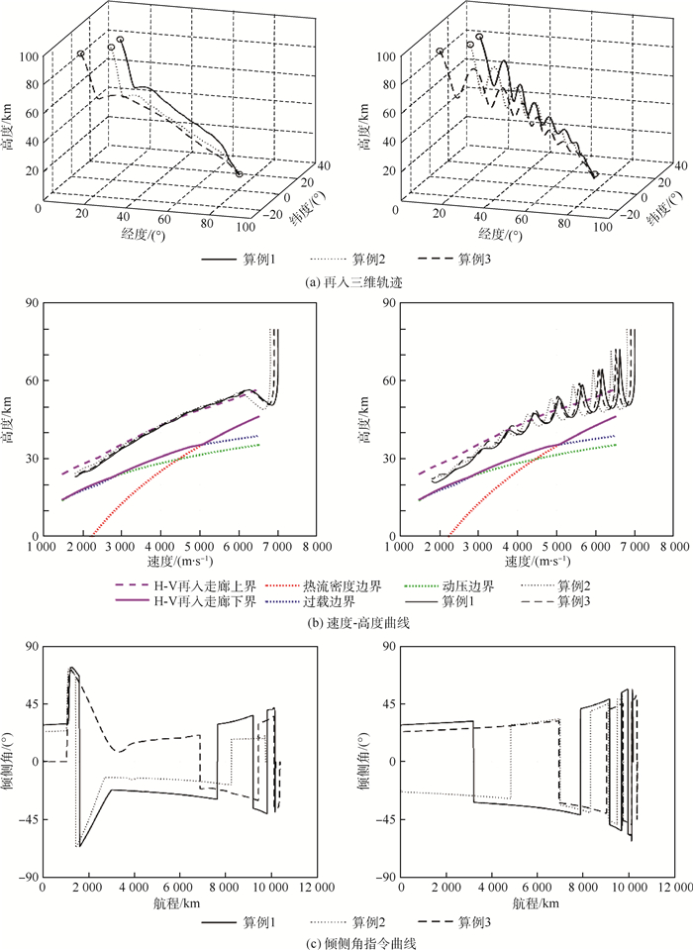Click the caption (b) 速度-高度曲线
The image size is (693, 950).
tap(346, 622)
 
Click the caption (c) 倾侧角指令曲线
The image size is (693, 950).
tap(346, 942)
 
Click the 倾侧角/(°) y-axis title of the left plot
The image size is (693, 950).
tap(13, 763)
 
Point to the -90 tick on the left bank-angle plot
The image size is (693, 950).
tap(28, 877)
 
